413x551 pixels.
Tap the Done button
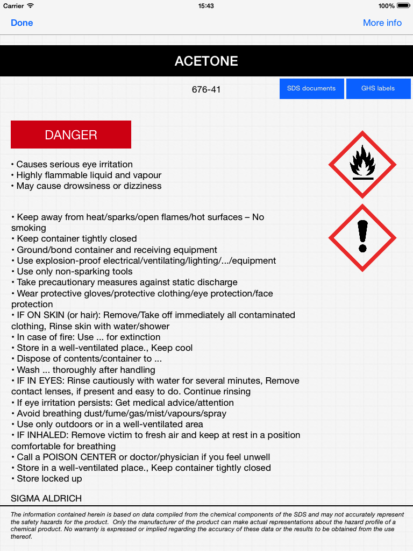[x=22, y=23]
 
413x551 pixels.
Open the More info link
[x=382, y=23]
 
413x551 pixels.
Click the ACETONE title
[x=206, y=61]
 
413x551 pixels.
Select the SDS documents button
[x=311, y=88]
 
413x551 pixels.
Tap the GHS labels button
[x=378, y=88]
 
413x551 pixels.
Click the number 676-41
[x=206, y=89]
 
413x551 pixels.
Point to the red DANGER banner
[x=71, y=135]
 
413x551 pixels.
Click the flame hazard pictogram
[x=362, y=165]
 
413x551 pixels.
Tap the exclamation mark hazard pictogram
[x=362, y=237]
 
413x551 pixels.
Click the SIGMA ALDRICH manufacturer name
[x=46, y=499]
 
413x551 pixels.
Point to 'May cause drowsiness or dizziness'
[x=89, y=186]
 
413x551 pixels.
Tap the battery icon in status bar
[x=402, y=6]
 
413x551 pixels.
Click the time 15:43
[x=206, y=6]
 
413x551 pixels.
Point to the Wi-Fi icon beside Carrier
[x=30, y=6]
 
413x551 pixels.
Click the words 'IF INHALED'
[x=42, y=435]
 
